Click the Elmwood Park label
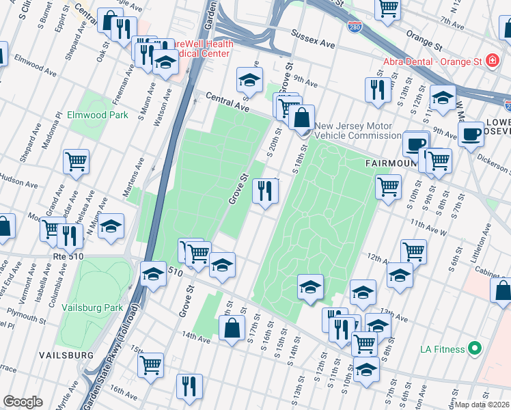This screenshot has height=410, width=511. [98, 115]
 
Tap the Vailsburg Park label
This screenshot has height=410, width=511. [91, 307]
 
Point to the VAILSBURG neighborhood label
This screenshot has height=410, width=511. [66, 355]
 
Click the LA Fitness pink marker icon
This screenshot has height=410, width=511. [474, 349]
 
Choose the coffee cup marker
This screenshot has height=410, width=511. [470, 134]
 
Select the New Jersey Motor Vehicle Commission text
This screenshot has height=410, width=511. [353, 131]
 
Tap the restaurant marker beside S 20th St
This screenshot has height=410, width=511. [265, 191]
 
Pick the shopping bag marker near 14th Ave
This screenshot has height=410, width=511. [232, 327]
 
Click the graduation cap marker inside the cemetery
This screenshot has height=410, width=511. [310, 286]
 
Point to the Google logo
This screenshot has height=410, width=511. [23, 402]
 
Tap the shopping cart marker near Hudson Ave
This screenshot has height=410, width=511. [76, 162]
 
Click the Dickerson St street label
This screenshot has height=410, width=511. [493, 162]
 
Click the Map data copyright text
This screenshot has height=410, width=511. [482, 405]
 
